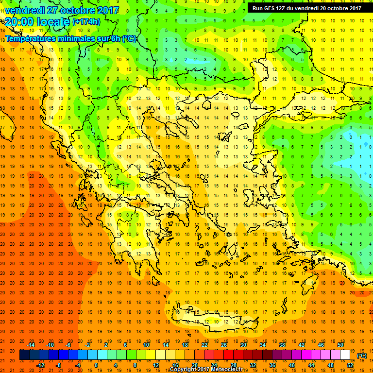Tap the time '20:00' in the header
20,21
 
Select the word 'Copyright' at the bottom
185,370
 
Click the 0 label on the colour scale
96,365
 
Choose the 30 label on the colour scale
243,344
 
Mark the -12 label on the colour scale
40,365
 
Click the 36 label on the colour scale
272,365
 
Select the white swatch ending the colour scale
345,355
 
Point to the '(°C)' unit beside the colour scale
362,355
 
